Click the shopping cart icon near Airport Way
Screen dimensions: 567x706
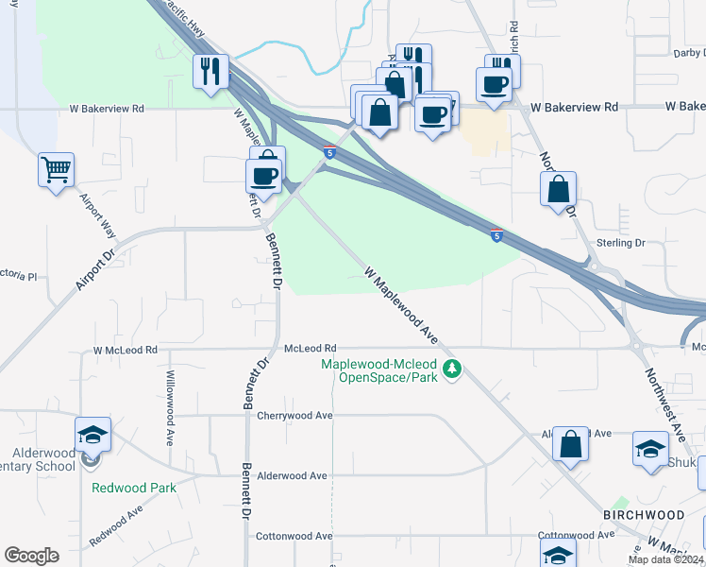click(x=57, y=171)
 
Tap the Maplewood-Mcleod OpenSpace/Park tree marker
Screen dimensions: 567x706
click(x=452, y=369)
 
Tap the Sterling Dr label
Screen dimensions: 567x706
click(x=620, y=243)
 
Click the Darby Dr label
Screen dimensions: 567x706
click(x=683, y=54)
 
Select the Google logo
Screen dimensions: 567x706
click(x=31, y=555)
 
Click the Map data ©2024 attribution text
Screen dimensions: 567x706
click(x=664, y=559)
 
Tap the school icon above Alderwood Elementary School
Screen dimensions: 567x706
click(x=93, y=434)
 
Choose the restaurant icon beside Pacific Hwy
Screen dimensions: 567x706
click(x=210, y=71)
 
